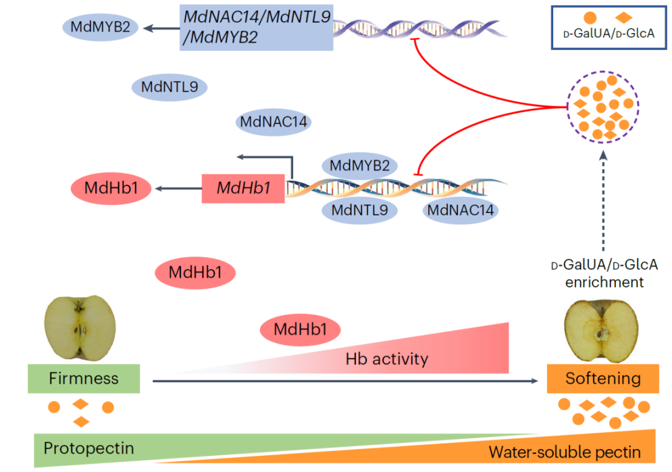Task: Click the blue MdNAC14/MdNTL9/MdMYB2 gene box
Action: (256, 27)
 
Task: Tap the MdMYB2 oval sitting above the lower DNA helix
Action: (359, 166)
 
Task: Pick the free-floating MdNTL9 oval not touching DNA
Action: (169, 87)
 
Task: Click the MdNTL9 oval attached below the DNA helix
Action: (359, 210)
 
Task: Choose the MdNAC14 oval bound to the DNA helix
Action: (460, 210)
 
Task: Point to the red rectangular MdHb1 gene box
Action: (243, 188)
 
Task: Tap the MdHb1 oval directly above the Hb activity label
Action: (301, 329)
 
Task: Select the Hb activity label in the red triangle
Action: (386, 359)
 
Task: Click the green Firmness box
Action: (83, 378)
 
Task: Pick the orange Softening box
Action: (602, 378)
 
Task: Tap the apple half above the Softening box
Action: (601, 329)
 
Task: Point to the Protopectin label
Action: (88, 448)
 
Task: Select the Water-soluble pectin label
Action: (564, 451)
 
